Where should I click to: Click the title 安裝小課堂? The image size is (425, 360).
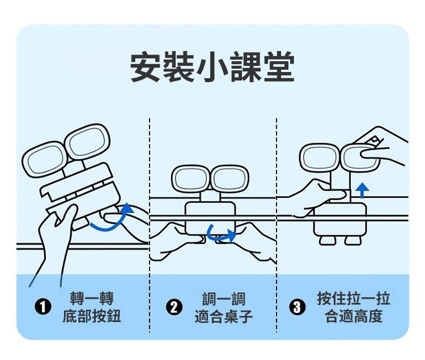(212, 67)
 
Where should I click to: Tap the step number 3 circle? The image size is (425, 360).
(297, 308)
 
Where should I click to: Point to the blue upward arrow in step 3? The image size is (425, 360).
(363, 190)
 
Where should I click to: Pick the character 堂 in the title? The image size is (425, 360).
(279, 67)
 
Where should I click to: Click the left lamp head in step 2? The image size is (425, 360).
(191, 178)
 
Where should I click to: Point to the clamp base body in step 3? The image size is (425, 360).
(340, 221)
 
